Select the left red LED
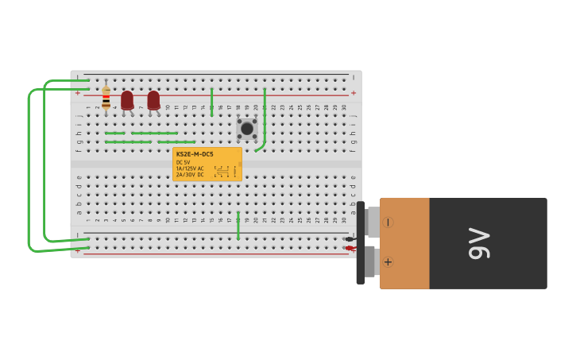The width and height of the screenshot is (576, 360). coord(127,100)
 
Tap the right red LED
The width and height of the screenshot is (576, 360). coord(153,100)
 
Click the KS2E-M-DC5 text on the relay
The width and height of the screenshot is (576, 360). coord(195,154)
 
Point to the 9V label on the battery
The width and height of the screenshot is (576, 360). coord(479,243)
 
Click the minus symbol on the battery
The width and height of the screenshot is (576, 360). coord(388,223)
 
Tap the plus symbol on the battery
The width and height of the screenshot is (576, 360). coord(388,261)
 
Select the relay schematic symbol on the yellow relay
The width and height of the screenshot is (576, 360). coord(222,172)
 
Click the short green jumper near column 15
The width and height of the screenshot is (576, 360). coord(212,103)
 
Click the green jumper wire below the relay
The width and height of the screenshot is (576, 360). coord(238,226)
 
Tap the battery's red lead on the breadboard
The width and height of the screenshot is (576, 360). coord(350,248)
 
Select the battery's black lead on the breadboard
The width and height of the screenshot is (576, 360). coord(350,238)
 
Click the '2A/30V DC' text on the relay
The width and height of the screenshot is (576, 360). coord(191,175)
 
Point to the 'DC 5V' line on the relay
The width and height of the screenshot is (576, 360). coord(184,162)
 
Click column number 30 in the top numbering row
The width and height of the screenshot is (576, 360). coord(344,107)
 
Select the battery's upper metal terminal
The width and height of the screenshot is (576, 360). coord(372,222)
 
